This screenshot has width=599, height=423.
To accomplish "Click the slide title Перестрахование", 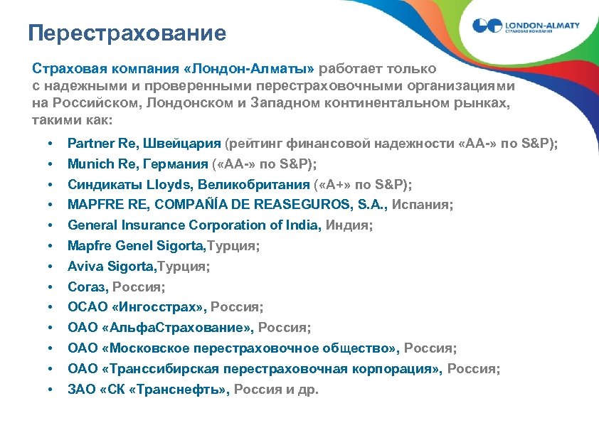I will coord(127,33).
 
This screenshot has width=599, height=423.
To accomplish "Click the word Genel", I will coord(129,246).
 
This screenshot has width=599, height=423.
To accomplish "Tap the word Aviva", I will coord(85,267).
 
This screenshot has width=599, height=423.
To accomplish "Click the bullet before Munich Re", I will coord(51,164).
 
